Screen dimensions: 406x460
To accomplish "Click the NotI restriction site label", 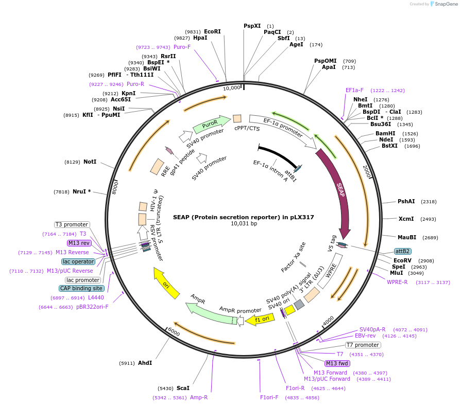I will (90, 162).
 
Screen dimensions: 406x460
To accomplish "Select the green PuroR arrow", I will (211, 125).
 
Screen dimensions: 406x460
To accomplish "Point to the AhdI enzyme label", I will (145, 363).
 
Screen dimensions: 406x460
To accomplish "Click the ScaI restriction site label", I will (183, 388).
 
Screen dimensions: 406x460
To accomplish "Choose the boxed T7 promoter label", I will (363, 345).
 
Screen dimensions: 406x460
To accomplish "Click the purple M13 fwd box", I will (337, 363).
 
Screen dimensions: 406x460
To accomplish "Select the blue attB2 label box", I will (402, 251).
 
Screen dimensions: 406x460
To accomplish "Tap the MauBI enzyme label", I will (407, 237).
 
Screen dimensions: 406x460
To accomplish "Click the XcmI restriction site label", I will (406, 219).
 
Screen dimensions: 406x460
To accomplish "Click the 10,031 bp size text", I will (244, 223).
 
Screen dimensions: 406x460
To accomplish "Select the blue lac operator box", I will (78, 261).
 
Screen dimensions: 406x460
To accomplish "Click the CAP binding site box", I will (81, 288).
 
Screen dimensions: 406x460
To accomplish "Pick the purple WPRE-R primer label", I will (397, 282).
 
